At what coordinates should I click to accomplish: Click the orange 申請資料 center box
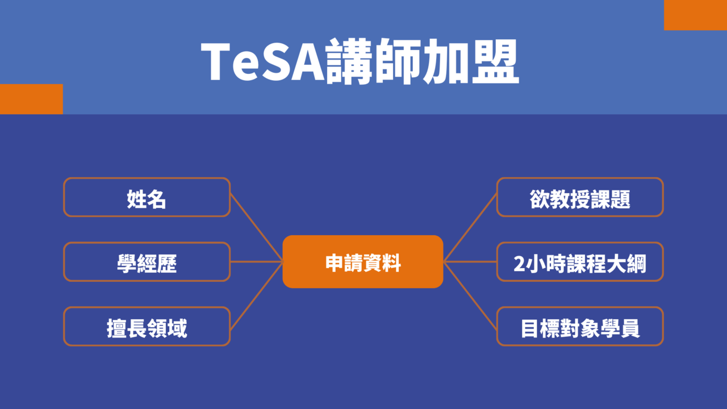pos(363,262)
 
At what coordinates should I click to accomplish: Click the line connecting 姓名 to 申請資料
pos(256,228)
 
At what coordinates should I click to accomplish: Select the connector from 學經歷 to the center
pos(256,262)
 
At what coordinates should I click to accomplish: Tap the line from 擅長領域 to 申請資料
pos(256,296)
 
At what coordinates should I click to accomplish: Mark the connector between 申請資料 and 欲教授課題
pos(470,228)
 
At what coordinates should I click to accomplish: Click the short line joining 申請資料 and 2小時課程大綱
pos(470,262)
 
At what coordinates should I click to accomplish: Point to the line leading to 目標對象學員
pos(470,296)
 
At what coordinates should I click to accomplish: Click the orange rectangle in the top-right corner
pos(696,15)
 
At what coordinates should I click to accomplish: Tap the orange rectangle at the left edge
pos(31,99)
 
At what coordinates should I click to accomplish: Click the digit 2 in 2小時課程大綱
pos(519,264)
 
